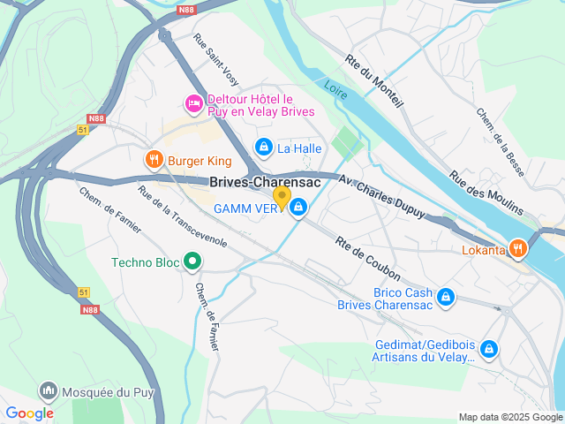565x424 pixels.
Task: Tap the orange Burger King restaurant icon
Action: [x=154, y=160]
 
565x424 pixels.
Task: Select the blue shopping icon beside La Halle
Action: [x=263, y=147]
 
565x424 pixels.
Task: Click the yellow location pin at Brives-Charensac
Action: [x=282, y=197]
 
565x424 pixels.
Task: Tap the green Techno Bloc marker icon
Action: [x=191, y=261]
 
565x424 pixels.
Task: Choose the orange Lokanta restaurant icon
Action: [x=518, y=249]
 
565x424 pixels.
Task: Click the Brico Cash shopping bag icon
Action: [x=447, y=297]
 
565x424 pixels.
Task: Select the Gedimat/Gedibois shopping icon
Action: [x=489, y=349]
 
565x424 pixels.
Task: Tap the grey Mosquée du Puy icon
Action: [x=48, y=390]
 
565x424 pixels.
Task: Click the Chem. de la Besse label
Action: [x=500, y=141]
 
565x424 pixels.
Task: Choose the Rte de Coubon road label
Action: [x=368, y=259]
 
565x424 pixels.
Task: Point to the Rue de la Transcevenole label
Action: [x=183, y=215]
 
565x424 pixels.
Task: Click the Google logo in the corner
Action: [x=29, y=413]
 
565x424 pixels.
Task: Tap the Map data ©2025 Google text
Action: [x=509, y=417]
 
